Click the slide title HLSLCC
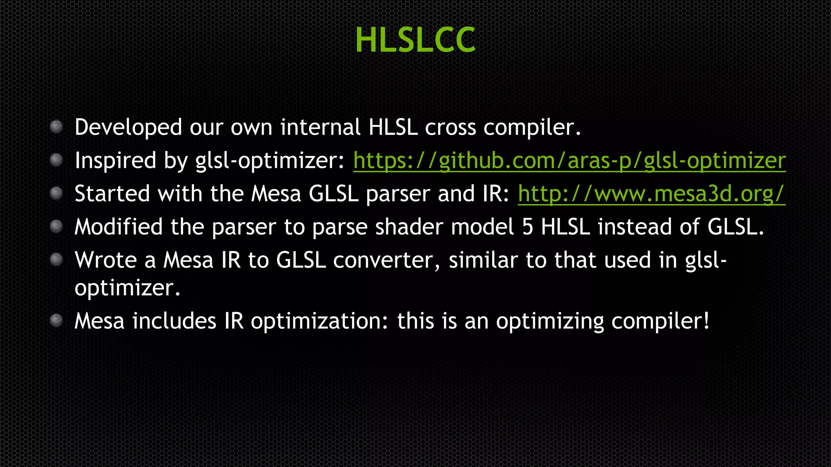click(x=415, y=40)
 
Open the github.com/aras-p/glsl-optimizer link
click(x=569, y=161)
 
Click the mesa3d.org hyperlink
click(x=651, y=194)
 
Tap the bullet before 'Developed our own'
click(x=56, y=127)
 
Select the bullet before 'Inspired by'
click(x=56, y=160)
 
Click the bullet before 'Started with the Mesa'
click(x=56, y=193)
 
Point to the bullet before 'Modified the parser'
click(x=56, y=227)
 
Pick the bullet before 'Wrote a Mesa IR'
click(x=56, y=259)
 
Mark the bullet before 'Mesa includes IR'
click(x=56, y=321)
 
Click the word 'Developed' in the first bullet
click(x=128, y=128)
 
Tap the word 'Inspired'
click(x=115, y=161)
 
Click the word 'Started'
click(x=112, y=194)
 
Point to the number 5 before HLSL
click(x=527, y=227)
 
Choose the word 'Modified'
click(x=118, y=227)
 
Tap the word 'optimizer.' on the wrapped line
click(x=127, y=289)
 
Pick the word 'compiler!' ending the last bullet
click(x=660, y=321)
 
